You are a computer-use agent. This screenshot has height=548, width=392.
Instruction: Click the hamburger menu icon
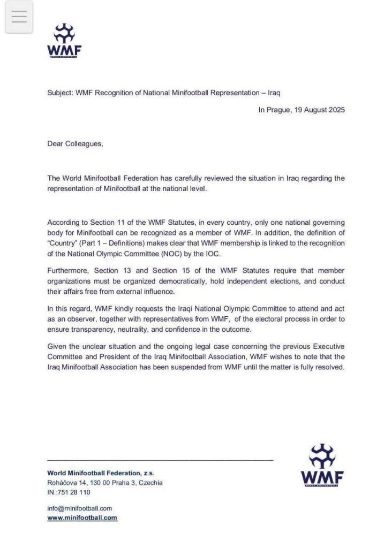[19, 17]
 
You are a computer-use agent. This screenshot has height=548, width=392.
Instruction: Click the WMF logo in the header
[64, 40]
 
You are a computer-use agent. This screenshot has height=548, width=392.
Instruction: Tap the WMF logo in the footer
[322, 465]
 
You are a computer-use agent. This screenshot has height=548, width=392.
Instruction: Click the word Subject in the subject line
[60, 93]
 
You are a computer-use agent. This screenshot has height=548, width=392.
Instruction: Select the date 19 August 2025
[319, 110]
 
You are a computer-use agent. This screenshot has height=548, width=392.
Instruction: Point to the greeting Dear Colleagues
[75, 143]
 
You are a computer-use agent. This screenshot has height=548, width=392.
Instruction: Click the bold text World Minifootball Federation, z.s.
[101, 473]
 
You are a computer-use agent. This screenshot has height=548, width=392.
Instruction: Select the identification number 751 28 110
[74, 492]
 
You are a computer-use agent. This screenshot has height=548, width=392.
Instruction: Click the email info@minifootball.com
[79, 508]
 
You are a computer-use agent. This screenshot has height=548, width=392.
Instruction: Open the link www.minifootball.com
[82, 518]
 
